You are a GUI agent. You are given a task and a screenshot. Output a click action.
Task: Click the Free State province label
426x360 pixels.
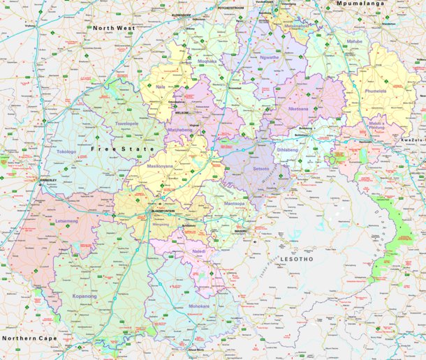coord(113,149)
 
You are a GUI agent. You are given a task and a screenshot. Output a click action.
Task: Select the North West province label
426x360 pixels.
coord(114,28)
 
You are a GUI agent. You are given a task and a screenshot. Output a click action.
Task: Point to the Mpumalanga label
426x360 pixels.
coord(362,3)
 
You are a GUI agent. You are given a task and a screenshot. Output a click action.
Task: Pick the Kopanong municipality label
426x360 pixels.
coord(85,297)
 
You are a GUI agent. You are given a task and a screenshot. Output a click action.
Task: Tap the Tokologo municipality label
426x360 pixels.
coord(66,151)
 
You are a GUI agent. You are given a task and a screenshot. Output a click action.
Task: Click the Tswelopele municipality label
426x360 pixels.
coord(126,123)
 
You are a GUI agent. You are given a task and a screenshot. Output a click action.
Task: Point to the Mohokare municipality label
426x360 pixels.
coord(199,306)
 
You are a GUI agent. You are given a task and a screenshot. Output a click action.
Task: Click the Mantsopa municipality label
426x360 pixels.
coord(235,203)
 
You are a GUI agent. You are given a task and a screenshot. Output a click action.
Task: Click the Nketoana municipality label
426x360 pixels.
coord(298,109)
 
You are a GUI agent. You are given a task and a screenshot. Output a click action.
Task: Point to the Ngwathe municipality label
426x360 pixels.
coord(269,57)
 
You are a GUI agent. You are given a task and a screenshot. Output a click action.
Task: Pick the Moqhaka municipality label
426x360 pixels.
coord(207,61)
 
